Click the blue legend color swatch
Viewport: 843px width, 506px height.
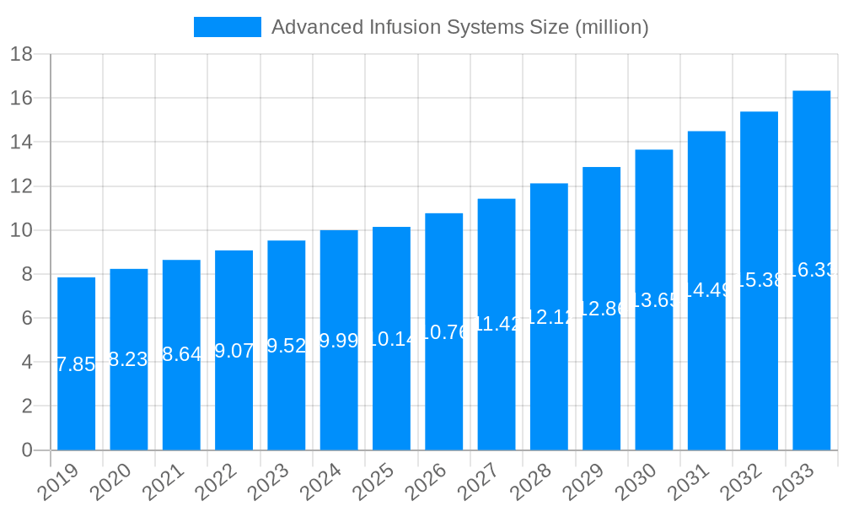click(x=228, y=27)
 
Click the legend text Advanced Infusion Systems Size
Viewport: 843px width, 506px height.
click(x=459, y=27)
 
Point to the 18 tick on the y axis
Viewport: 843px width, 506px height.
click(x=22, y=55)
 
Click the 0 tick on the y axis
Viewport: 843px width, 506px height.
click(x=27, y=450)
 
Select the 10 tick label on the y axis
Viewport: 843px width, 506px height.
click(x=22, y=230)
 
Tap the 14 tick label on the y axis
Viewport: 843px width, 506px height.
click(x=22, y=143)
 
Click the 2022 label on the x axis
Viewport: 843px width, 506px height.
click(x=216, y=482)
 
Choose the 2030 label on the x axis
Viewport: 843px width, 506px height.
click(x=636, y=482)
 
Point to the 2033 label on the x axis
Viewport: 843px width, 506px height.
click(x=793, y=482)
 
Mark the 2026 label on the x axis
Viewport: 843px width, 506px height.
click(x=426, y=482)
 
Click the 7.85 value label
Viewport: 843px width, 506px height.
click(x=76, y=364)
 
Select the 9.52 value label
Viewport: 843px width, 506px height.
click(x=286, y=346)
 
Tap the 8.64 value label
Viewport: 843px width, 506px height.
click(x=181, y=354)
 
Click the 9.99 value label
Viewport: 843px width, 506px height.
click(x=338, y=341)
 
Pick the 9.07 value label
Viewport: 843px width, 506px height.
click(x=234, y=350)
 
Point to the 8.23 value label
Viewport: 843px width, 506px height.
click(x=129, y=359)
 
